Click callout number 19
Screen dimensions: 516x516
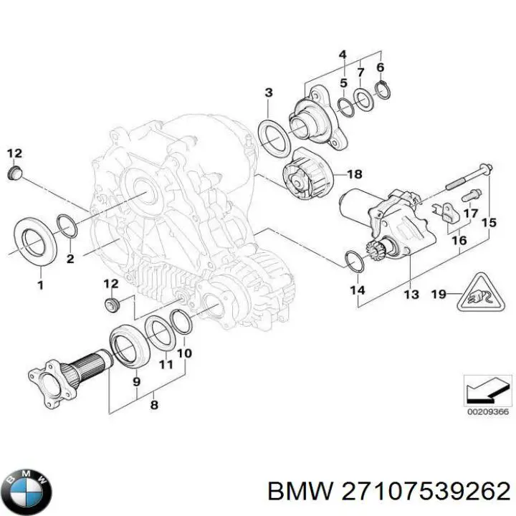(x=439, y=293)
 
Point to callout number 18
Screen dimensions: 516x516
(x=354, y=174)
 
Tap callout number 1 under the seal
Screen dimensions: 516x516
(x=40, y=285)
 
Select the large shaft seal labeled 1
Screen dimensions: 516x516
(x=33, y=240)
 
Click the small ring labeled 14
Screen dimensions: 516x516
(x=354, y=262)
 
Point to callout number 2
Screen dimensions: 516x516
(x=70, y=258)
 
